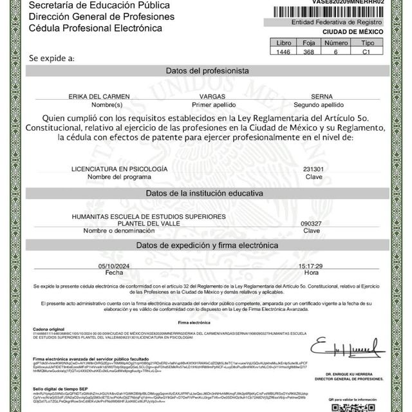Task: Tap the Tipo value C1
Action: point(366,50)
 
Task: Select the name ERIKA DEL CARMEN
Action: point(98,96)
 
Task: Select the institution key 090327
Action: point(312,223)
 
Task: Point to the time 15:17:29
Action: point(310,266)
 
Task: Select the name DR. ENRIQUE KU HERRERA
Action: point(358,373)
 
